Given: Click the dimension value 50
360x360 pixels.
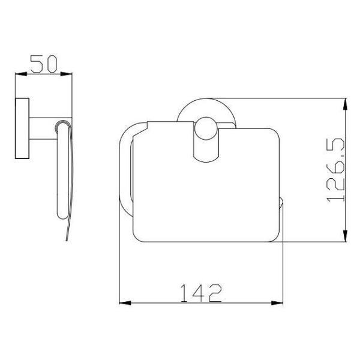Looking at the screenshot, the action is point(44,64).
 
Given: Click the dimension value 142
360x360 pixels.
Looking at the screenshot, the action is point(201,293).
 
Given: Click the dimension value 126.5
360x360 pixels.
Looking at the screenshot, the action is point(335,170).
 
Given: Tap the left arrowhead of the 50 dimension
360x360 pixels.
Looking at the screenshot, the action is point(21,74).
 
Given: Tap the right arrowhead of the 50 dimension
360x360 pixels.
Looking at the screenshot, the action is point(66,74).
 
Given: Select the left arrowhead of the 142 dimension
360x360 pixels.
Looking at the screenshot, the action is point(125,303).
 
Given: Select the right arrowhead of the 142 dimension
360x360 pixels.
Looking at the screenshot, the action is point(277,303).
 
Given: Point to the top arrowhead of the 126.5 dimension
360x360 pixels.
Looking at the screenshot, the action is point(345,104).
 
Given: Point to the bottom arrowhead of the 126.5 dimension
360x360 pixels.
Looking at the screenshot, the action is point(345,236).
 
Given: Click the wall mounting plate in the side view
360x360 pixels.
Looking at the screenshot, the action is point(22,128).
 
